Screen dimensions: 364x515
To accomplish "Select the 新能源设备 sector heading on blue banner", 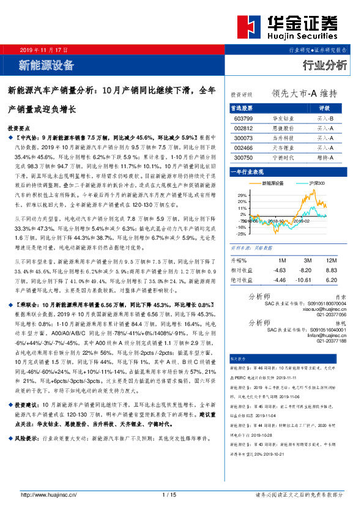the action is coord(46,64).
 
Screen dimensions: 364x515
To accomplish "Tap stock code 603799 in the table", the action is coord(243,118).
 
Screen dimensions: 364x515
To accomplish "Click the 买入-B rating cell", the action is coord(325,118).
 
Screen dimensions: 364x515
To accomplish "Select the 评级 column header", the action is coord(325,108).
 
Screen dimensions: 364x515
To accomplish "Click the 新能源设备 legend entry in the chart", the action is coord(274,183).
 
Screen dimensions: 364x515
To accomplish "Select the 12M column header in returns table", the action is coord(332,260).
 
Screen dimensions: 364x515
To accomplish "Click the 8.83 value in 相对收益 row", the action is coord(331,270).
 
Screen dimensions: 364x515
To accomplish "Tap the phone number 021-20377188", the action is coord(331,341).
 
